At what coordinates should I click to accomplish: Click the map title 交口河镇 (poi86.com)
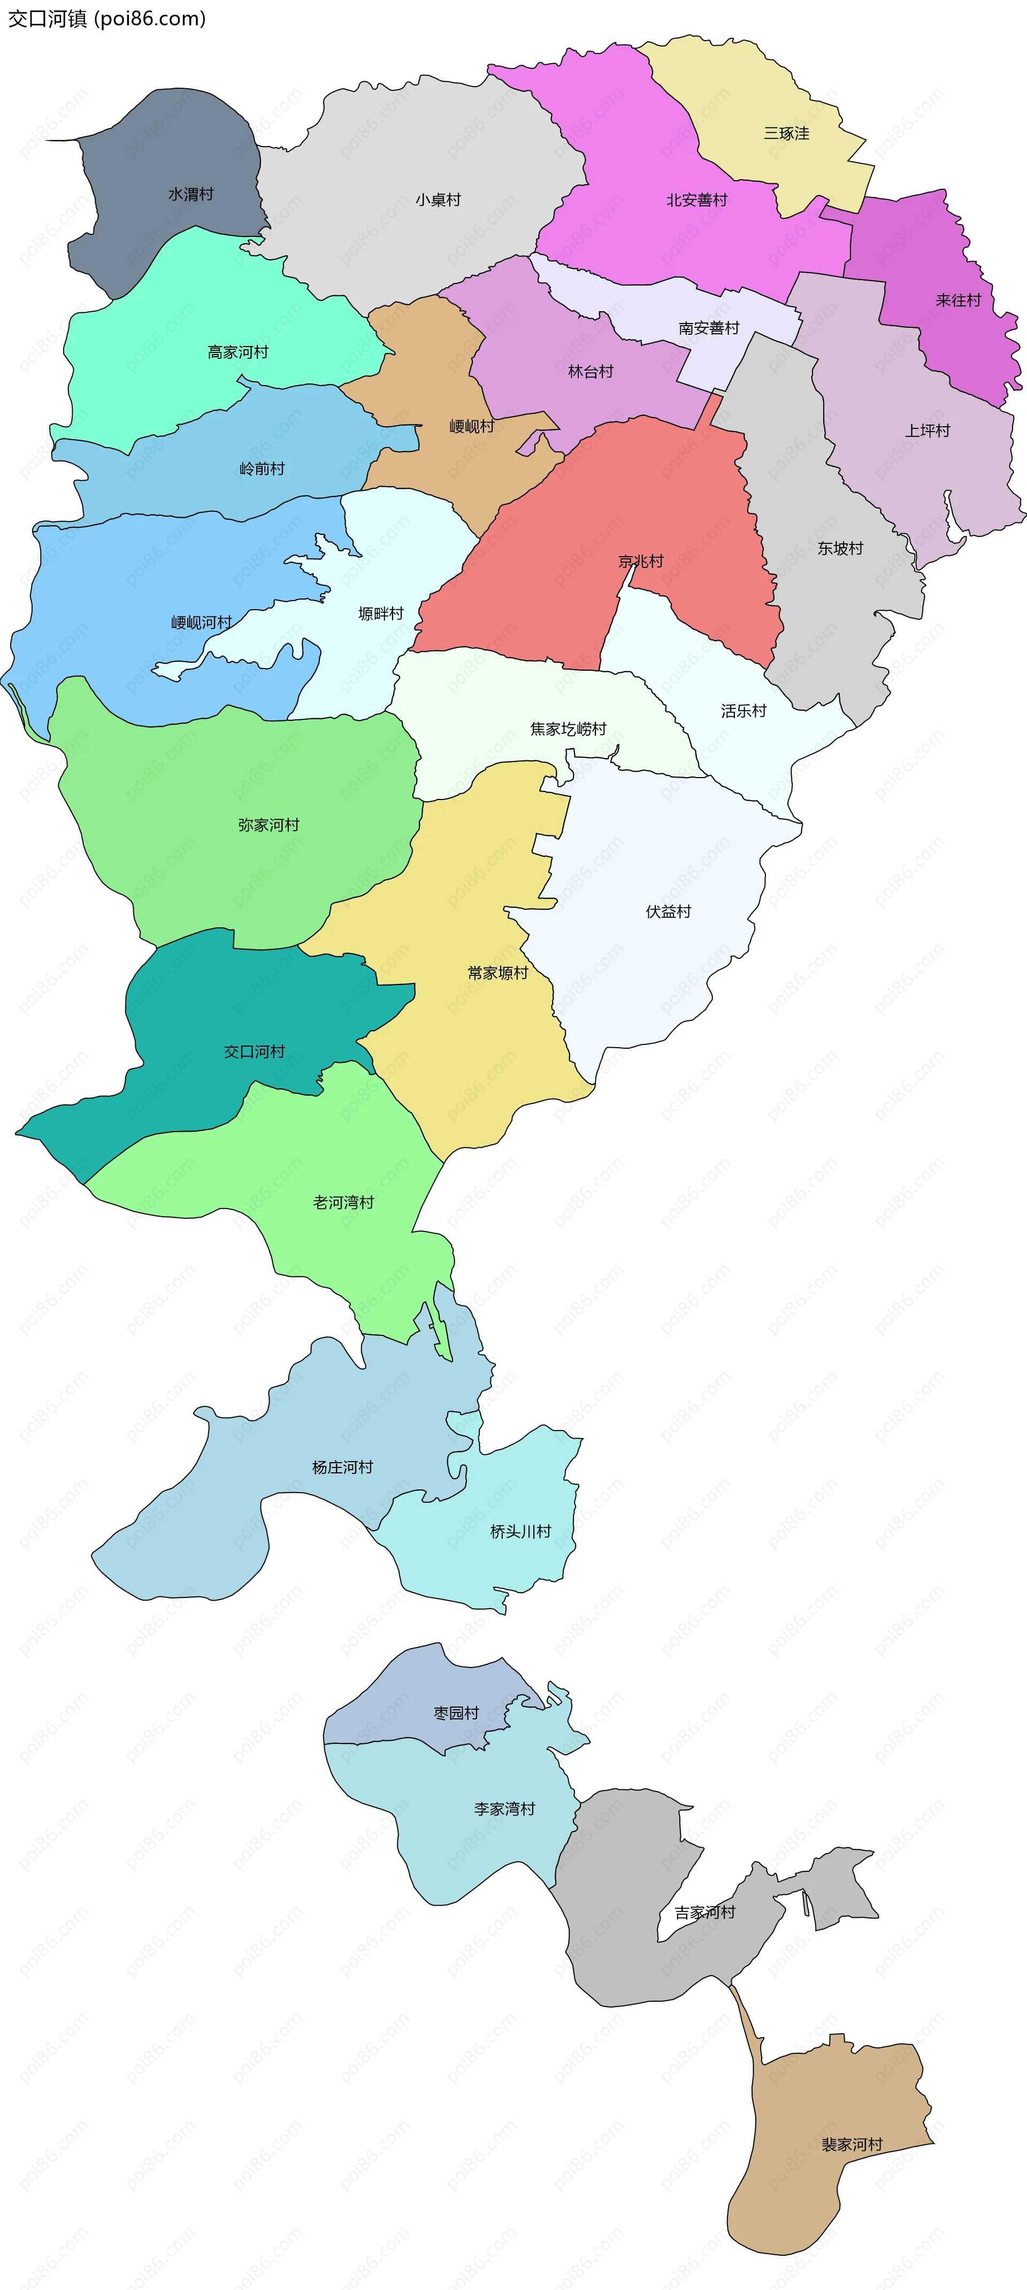pos(106,19)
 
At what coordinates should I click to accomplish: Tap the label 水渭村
pos(191,194)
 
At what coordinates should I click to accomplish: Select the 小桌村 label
pos(439,200)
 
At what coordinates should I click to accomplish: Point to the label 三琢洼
pos(786,133)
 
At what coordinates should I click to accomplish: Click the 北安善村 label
pos(697,200)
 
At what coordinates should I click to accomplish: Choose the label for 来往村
pos(959,301)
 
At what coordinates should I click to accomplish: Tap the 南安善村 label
pos(709,328)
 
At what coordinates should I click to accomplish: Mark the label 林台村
pos(591,372)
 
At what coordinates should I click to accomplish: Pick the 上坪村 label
pos(928,431)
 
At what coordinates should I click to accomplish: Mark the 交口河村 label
pos(254,1051)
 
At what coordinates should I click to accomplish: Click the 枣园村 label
pos(456,1713)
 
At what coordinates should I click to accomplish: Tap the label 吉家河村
pos(705,1912)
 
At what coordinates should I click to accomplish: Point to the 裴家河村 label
pos(852,2144)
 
